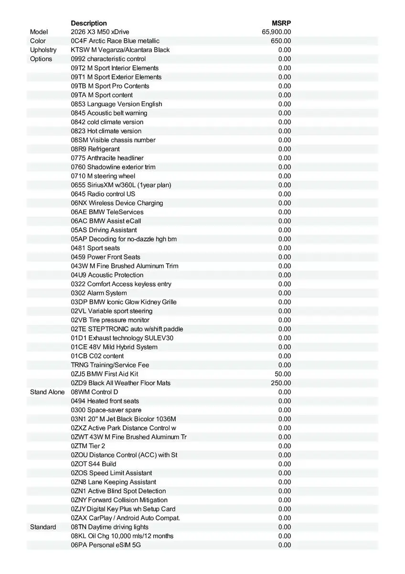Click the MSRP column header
point(281,23)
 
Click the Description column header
point(89,23)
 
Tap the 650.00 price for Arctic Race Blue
point(281,41)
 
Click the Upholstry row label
point(43,50)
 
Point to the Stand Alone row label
point(47,392)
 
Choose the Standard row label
point(43,527)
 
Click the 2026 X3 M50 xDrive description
point(100,32)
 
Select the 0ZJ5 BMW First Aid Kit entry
point(105,374)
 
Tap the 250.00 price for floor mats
point(281,383)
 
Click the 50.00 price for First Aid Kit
point(283,374)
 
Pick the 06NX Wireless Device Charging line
point(117,203)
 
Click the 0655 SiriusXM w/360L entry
point(121,185)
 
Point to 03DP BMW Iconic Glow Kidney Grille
point(124,302)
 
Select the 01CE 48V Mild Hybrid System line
point(114,347)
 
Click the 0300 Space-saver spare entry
point(106,410)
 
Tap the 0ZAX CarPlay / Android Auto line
point(126,518)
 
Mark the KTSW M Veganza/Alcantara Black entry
point(120,50)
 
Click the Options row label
point(41,59)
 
